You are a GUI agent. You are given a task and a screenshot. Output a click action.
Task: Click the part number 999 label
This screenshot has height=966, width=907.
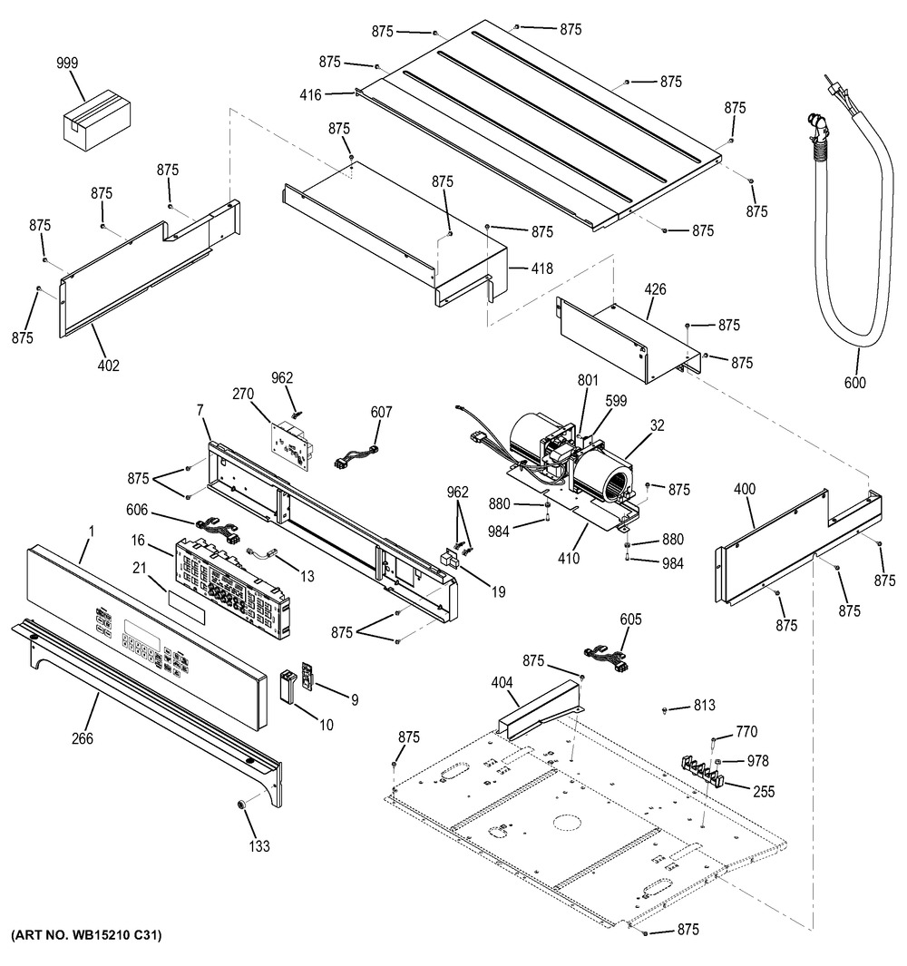coord(67,63)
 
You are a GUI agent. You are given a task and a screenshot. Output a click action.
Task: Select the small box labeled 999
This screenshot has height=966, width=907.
coord(98,120)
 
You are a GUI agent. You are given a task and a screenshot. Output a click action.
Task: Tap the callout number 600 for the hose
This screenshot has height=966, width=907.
coord(854,383)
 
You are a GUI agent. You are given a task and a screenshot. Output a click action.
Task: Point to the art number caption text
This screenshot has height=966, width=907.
coord(86,934)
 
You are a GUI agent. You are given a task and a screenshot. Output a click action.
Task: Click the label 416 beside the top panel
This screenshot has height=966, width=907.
coord(310,95)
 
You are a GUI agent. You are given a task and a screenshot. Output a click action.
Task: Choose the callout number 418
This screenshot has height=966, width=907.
coord(542,268)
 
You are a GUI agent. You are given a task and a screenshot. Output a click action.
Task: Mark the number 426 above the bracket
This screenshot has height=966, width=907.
coord(655,289)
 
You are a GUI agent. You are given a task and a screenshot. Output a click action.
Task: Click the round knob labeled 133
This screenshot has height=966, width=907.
coord(241,805)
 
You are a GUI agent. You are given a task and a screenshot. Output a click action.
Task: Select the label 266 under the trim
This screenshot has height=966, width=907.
coord(82,738)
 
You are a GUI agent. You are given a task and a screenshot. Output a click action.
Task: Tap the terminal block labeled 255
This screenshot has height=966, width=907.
coord(701,772)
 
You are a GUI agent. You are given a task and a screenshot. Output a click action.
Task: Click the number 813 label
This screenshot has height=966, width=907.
coord(704,705)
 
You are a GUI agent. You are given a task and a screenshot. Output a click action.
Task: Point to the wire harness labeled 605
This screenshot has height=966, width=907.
coord(606,657)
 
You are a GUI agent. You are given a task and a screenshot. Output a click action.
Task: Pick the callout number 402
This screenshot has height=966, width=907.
coord(109,366)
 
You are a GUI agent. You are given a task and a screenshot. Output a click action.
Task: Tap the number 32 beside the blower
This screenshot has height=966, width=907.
coord(658,425)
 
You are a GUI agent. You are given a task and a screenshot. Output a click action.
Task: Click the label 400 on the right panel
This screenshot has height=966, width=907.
coord(745,489)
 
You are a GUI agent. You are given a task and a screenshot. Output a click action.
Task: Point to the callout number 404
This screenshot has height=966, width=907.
coord(502,683)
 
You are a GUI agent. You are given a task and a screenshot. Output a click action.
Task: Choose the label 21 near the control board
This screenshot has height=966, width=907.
coord(140,568)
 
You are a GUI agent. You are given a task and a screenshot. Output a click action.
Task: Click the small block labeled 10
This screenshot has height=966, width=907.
coord(288,686)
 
